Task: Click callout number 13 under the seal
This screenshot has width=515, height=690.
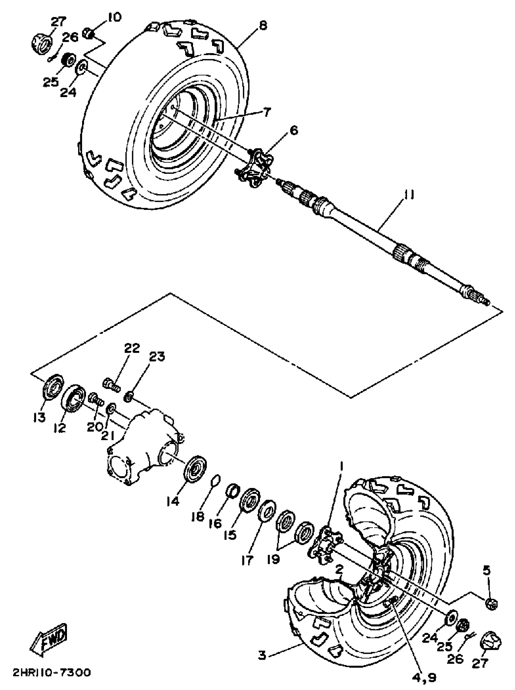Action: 40,417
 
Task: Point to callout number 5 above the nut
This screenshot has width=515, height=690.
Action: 487,570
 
